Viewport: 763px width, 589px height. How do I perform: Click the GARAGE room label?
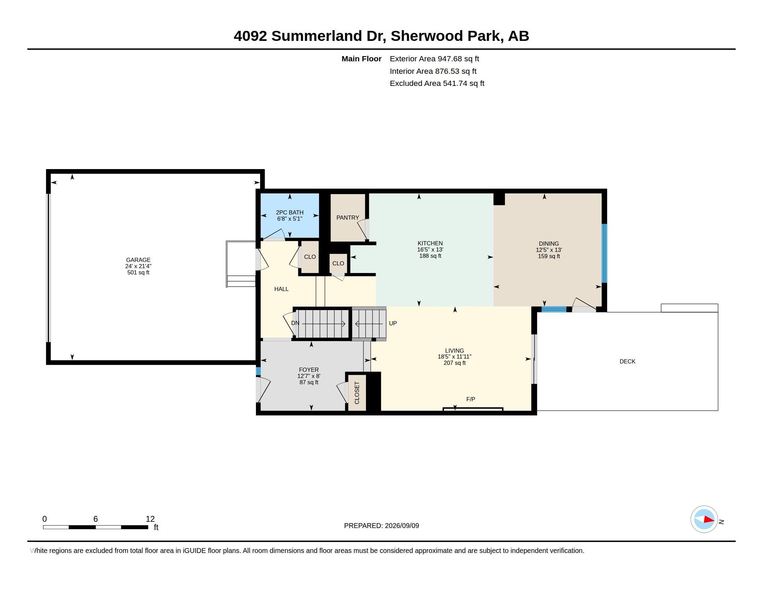(138, 260)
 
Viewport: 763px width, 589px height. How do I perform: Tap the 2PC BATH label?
(290, 212)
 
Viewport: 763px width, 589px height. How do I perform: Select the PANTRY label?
(348, 218)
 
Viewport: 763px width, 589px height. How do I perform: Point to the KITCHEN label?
(430, 244)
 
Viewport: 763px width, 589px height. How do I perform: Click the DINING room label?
(549, 244)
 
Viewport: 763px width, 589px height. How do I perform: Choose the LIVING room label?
(455, 351)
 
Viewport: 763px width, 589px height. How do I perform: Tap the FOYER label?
(309, 370)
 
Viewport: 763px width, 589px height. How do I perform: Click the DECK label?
(627, 361)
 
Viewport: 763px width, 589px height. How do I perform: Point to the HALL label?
(281, 289)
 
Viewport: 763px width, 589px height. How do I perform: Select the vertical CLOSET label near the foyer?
(357, 393)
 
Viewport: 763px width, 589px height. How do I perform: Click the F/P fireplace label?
(471, 399)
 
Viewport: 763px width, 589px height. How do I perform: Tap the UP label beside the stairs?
(393, 324)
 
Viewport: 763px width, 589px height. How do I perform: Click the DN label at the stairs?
(295, 323)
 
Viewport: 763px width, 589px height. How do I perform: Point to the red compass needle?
(709, 520)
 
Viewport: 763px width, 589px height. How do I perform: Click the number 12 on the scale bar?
(150, 519)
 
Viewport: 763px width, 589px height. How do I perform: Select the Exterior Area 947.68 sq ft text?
(434, 59)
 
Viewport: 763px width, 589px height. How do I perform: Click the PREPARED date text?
(381, 526)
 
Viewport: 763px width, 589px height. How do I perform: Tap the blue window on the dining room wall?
(605, 253)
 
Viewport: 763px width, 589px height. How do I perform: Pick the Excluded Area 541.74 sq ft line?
(437, 83)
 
